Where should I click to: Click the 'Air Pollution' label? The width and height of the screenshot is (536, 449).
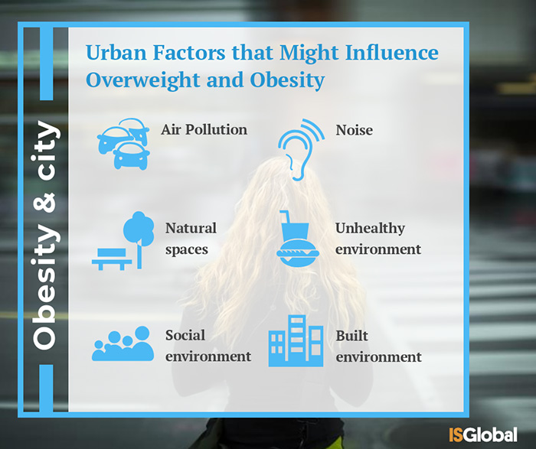point(204,130)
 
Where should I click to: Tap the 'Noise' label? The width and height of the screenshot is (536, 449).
point(354,130)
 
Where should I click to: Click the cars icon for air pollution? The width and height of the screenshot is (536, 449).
point(123,144)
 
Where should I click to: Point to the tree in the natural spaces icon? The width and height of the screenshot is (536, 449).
point(139,236)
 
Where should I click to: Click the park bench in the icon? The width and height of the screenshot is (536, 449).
point(112,259)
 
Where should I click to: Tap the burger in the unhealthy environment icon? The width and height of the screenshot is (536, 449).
point(297,253)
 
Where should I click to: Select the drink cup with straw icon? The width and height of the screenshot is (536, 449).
point(293,226)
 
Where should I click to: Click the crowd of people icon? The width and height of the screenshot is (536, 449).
point(123,343)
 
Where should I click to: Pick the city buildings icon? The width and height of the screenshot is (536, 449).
point(296,340)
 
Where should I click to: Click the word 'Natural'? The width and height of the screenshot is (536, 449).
point(191,228)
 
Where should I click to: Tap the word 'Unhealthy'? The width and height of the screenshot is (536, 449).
point(370,229)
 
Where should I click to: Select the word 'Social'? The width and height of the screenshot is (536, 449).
point(185,335)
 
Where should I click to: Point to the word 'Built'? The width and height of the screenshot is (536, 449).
point(351,336)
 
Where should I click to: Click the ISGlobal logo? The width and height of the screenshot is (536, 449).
point(483,434)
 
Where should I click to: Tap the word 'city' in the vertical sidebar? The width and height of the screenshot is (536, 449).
point(47,151)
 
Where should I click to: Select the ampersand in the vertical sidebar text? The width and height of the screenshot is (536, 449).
point(44,203)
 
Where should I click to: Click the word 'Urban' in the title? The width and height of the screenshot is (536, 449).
point(116,53)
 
